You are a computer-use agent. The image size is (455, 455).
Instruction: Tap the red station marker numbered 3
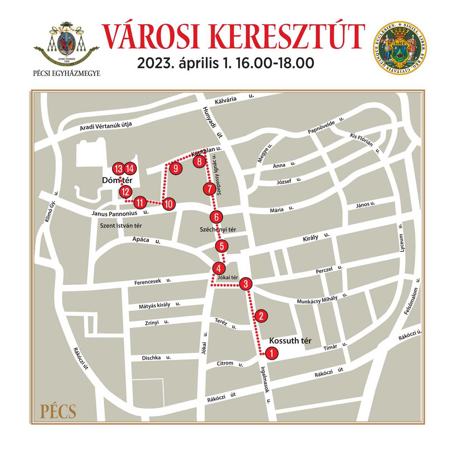click(246, 283)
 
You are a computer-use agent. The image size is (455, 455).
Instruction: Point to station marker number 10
click(169, 204)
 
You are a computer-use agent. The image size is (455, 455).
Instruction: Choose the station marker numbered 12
click(125, 192)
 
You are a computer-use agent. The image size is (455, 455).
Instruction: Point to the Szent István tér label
click(121, 226)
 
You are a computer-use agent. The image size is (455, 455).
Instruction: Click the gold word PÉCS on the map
click(58, 411)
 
